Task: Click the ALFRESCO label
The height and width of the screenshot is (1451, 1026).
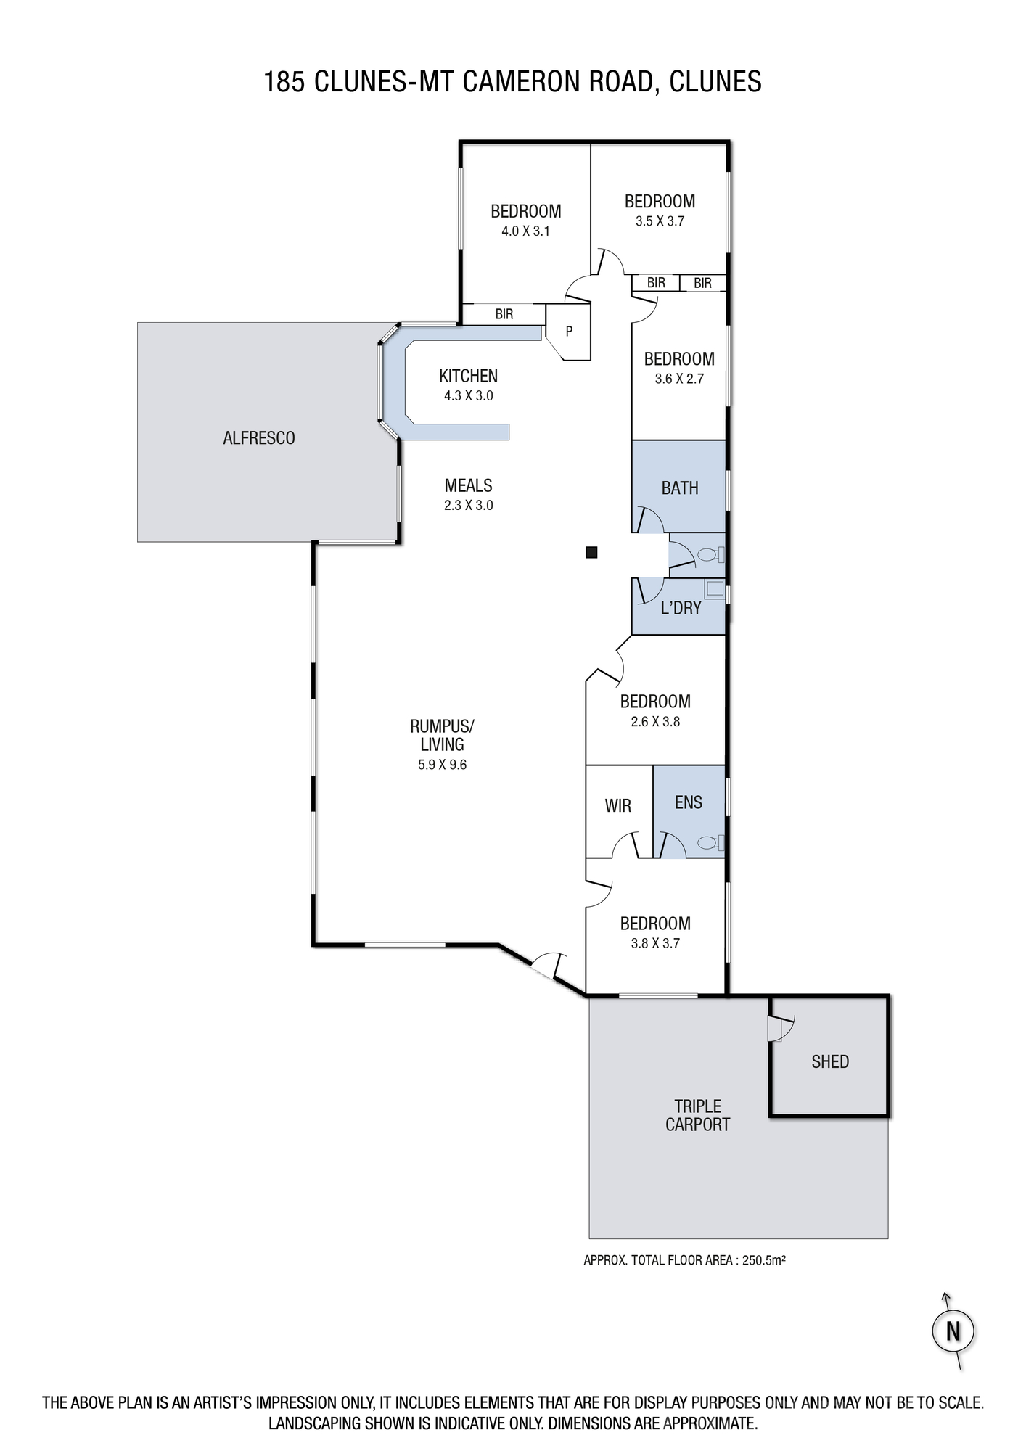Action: (259, 438)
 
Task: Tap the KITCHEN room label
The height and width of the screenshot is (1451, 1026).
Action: (468, 376)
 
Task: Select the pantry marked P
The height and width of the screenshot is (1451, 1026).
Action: (569, 332)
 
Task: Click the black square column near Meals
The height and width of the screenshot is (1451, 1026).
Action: (591, 553)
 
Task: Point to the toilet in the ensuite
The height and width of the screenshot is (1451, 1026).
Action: (710, 843)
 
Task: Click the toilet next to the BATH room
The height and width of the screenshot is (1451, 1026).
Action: (710, 556)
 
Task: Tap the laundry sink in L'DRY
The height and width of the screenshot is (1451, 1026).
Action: (715, 589)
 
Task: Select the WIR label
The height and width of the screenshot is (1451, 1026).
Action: (618, 805)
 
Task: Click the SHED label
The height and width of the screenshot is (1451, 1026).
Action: (830, 1062)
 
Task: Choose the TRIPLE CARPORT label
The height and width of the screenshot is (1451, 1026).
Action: (698, 1116)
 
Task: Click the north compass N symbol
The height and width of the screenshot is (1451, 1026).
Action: (953, 1331)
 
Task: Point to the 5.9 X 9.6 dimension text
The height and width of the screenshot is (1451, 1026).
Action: (442, 765)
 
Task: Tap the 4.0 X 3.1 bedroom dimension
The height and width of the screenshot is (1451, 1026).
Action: (525, 231)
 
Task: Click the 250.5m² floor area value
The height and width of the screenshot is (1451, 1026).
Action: (764, 1260)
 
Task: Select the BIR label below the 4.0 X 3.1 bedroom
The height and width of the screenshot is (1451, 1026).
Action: (504, 314)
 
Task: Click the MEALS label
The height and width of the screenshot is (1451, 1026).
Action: (469, 485)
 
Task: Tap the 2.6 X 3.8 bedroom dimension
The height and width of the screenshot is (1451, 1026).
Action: (655, 722)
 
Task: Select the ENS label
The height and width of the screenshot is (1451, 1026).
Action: (689, 802)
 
